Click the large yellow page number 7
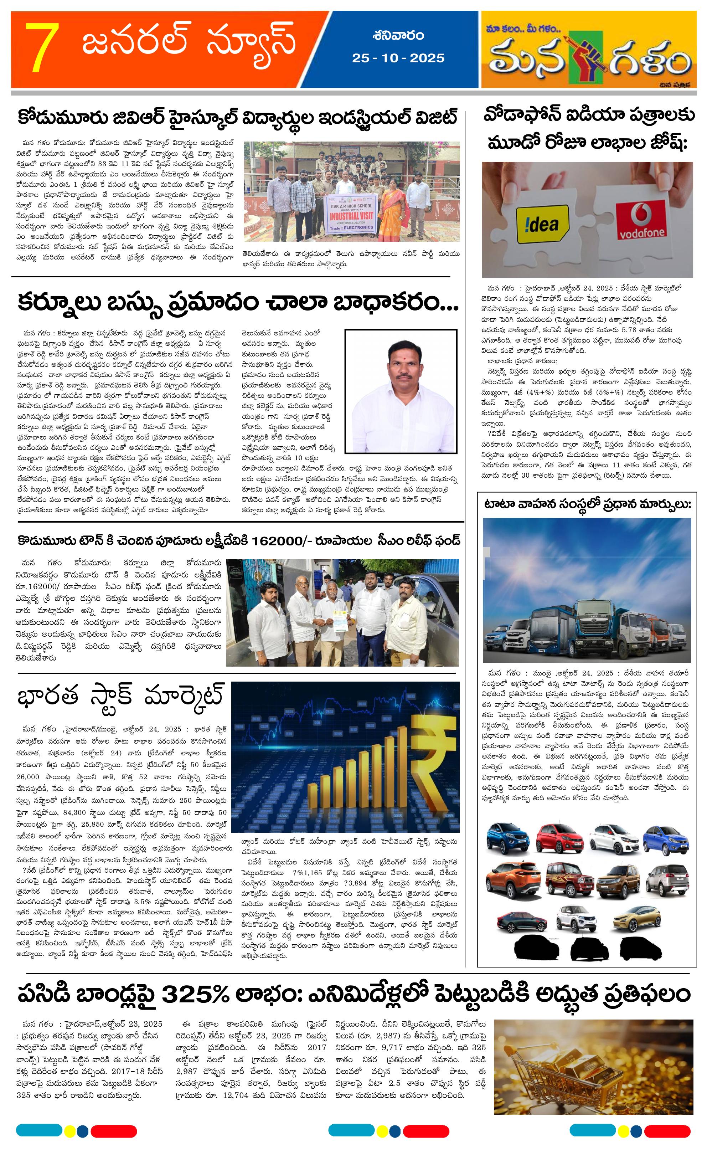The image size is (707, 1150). (42, 48)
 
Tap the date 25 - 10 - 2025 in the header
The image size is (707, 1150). (398, 58)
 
